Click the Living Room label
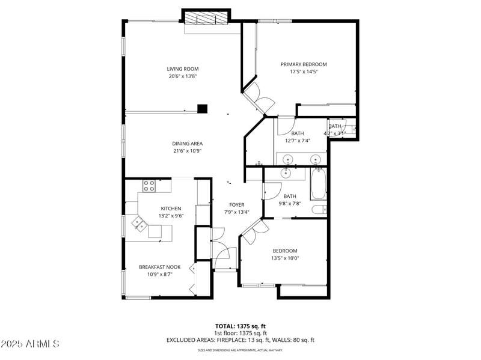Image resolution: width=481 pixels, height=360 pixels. pos(182,69)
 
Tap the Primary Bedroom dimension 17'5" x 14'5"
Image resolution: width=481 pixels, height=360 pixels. pos(304,72)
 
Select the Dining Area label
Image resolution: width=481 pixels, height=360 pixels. pos(187,144)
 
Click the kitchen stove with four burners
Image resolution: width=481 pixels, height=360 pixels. pos(149,185)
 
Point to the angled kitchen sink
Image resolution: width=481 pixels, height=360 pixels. pos(139,224)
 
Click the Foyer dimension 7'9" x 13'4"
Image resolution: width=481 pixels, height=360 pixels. pos(236,212)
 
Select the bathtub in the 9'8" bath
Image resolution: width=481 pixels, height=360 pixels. pos(318,184)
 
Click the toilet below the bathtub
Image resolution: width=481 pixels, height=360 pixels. pos(319,210)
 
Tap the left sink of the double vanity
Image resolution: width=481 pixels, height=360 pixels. pos(289,159)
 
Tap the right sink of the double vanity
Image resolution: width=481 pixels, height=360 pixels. pos(315,159)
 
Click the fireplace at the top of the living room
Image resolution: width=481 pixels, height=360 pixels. pos(206,19)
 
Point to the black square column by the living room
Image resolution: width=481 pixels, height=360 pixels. pos(203,109)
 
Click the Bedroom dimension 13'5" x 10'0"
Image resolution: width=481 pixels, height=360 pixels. pos(285,258)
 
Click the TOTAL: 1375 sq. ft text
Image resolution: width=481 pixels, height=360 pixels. pos(240,326)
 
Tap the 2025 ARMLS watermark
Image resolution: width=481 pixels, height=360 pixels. pos(30,344)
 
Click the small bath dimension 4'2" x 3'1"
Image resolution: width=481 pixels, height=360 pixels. pos(334,133)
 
